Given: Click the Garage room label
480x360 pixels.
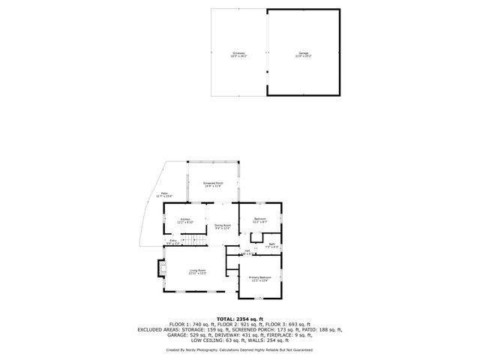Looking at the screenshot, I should tap(304, 54).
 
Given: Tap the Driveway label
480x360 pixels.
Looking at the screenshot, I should tap(239, 54).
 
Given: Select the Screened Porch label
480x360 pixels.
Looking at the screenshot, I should tap(214, 184).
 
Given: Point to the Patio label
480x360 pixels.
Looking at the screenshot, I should tap(164, 195).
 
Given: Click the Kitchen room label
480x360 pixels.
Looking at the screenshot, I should tap(185, 220).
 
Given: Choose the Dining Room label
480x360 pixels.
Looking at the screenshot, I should tap(223, 226).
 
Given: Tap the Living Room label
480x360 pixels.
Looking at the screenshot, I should tap(197, 271).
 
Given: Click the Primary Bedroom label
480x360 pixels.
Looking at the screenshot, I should tap(258, 279).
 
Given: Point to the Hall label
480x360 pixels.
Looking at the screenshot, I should tap(247, 252).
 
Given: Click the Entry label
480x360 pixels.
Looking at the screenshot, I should tap(172, 241).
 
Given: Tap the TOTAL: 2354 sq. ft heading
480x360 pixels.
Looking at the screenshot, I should tap(240, 318).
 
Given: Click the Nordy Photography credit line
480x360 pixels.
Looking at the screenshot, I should tap(240, 349).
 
